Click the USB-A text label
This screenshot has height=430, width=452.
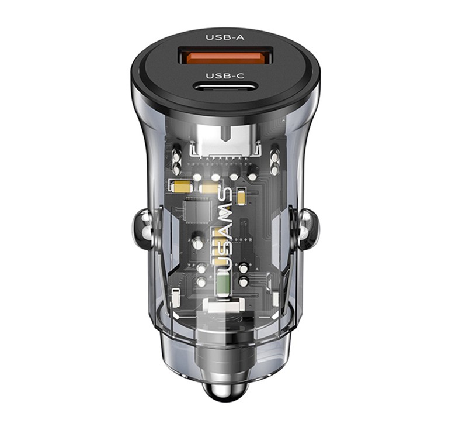225,37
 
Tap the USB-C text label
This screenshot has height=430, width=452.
225,75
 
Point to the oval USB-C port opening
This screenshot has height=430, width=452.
225,87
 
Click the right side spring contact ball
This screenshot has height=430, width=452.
307,230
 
